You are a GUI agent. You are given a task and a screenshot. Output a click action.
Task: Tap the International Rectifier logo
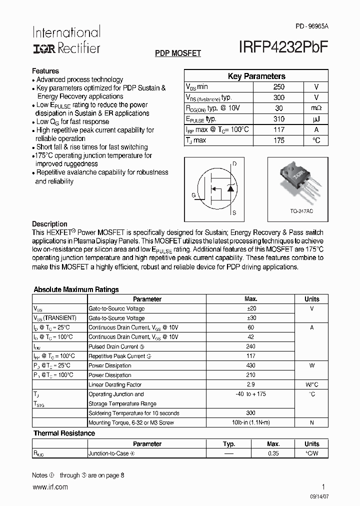66,40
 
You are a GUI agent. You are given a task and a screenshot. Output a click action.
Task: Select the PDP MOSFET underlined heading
178,53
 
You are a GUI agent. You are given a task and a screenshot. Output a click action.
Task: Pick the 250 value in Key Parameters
279,87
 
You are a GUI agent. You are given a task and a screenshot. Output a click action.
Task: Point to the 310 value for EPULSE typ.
279,119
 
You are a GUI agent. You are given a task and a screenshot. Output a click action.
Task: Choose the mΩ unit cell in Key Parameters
316,108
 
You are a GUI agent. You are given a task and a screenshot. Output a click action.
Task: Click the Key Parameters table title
256,76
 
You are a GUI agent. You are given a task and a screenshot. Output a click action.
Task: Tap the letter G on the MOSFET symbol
193,195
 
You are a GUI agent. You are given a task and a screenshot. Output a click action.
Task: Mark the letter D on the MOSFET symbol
234,164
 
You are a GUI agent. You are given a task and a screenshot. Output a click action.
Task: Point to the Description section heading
49,224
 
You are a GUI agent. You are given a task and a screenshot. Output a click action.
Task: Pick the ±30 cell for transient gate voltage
250,318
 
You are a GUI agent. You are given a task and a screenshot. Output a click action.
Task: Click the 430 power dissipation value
250,365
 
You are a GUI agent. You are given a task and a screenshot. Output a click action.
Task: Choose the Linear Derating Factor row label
115,385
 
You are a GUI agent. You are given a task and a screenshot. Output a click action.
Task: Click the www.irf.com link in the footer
49,487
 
